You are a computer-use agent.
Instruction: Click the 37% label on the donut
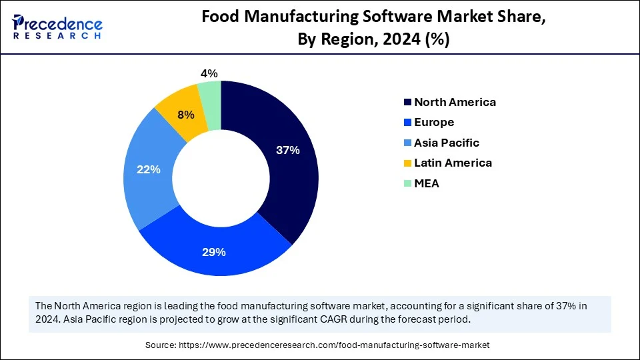coord(288,150)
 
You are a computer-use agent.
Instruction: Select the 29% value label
coord(214,252)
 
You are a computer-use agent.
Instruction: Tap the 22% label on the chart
coord(149,169)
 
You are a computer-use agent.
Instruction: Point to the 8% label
coord(186,115)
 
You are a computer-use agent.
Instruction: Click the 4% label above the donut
coord(210,73)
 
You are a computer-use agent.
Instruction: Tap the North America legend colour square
coord(407,103)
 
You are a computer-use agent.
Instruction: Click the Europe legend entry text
coord(434,123)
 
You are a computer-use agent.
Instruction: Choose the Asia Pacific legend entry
coord(446,143)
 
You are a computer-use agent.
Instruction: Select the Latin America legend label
coord(453,163)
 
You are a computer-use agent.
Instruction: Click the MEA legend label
coord(427,183)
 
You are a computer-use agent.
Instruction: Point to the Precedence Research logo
coord(57,27)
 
